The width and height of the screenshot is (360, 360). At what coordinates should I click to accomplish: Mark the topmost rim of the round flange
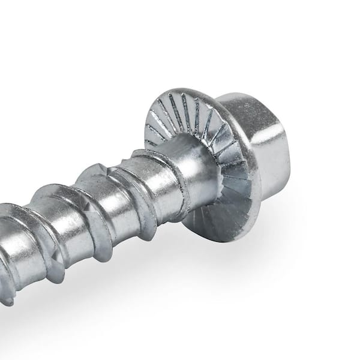180,89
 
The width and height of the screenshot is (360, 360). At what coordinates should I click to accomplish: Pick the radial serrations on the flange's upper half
180,114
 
